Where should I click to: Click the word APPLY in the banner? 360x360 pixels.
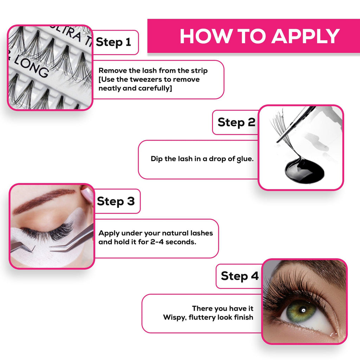tap(306, 36)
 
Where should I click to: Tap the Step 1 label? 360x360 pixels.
tap(114, 42)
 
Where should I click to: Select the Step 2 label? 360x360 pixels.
tap(237, 122)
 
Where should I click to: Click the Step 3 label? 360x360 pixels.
tap(116, 201)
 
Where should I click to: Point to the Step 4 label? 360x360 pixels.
tap(240, 276)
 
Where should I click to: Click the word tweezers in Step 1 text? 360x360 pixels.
tap(146, 79)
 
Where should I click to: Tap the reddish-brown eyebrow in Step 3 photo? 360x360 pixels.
tap(43, 199)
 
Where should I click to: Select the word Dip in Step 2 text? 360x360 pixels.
tap(156, 159)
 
